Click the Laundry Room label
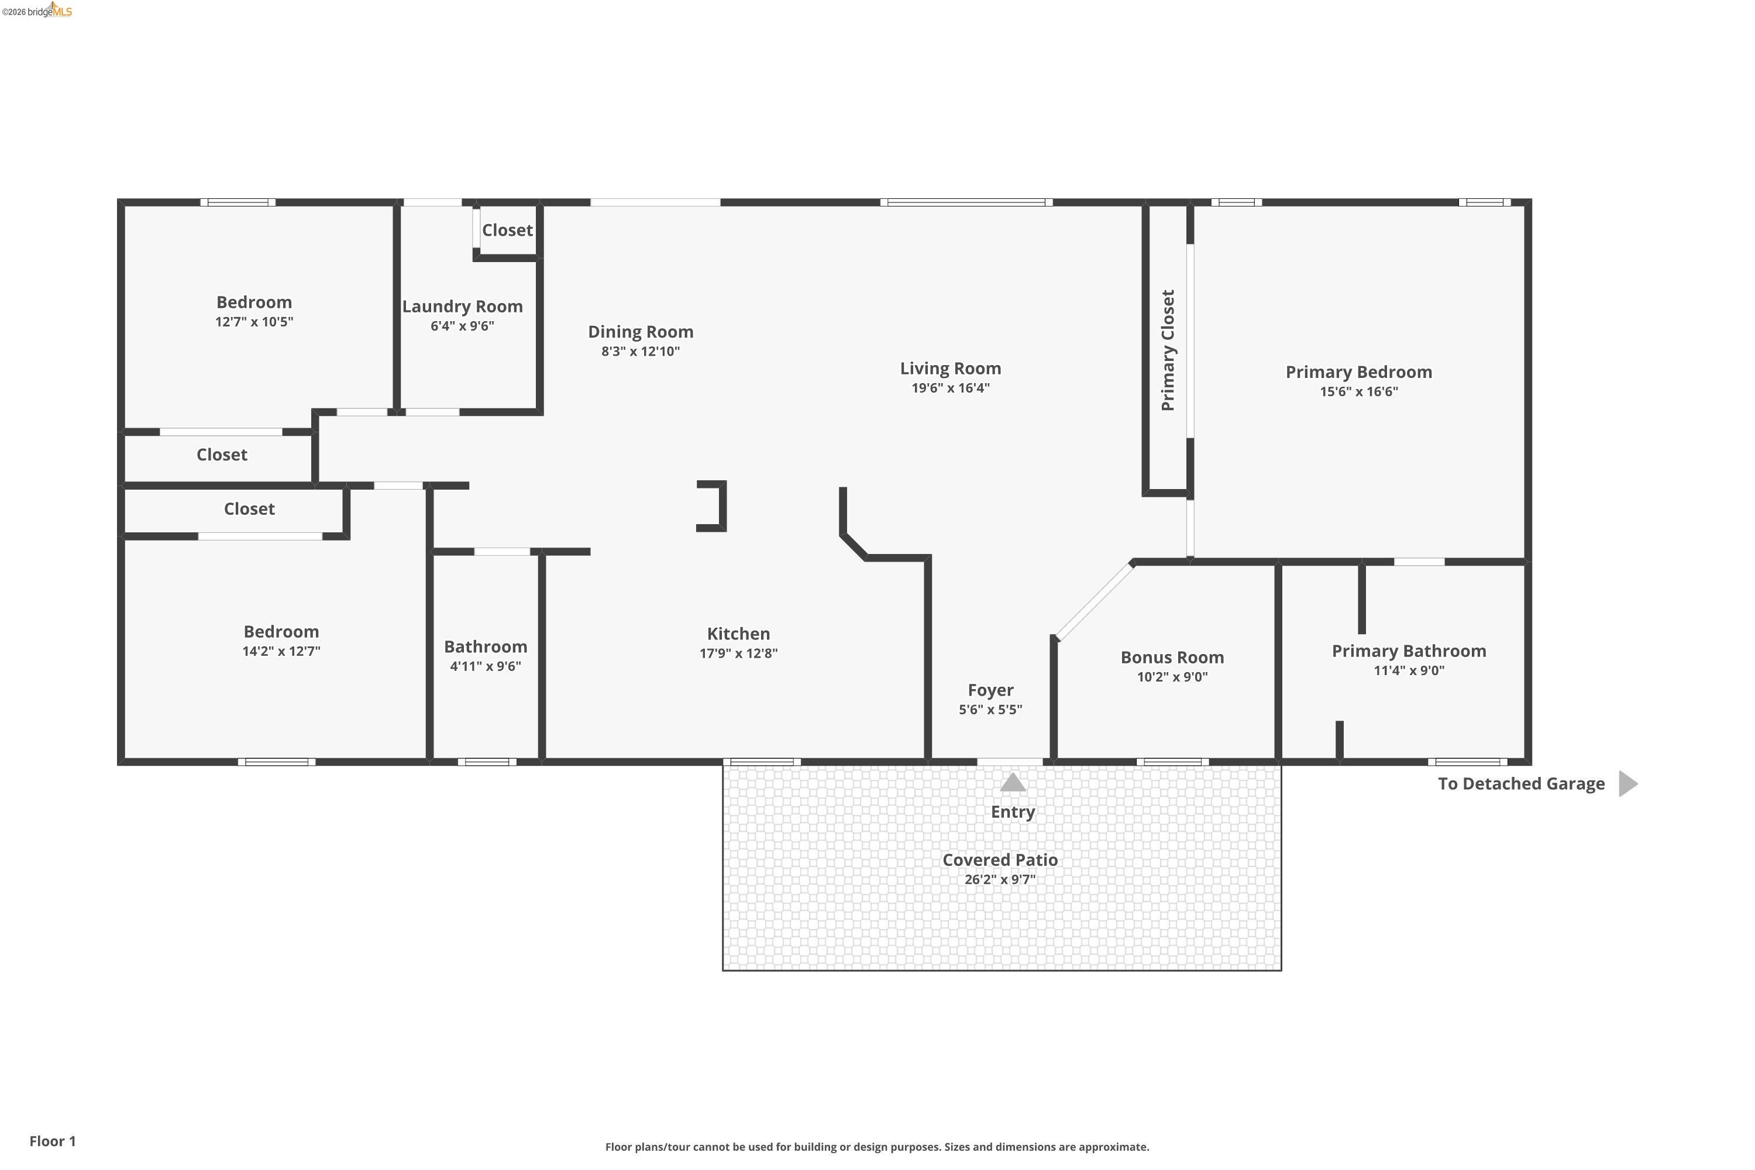(462, 307)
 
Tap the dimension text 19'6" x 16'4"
(950, 388)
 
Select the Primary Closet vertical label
(1168, 350)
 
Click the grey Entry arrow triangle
(1012, 783)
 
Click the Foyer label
(990, 690)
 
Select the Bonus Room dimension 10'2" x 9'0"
(1172, 677)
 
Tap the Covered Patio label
(999, 861)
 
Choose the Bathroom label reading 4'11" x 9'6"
(485, 666)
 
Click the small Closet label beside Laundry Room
(507, 230)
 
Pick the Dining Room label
(640, 332)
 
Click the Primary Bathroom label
(1408, 652)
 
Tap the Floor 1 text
(52, 1141)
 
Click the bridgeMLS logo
(37, 11)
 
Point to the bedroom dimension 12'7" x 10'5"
(254, 322)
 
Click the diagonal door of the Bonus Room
(1094, 601)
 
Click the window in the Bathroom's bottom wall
(487, 762)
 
